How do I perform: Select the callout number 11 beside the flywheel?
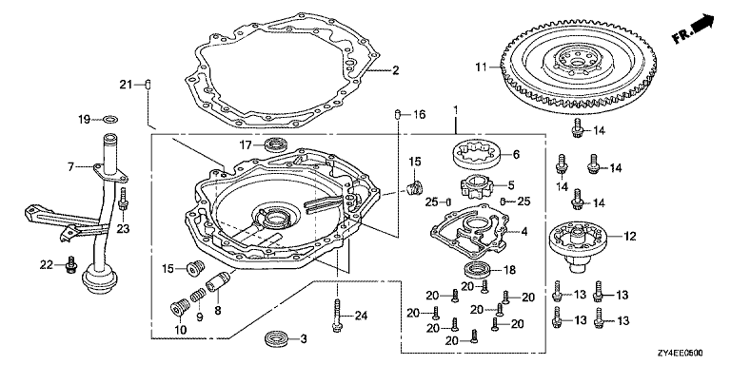pos(482,67)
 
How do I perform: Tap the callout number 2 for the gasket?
pos(395,70)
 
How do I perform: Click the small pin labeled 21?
pos(148,85)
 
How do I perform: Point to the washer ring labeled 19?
pos(110,120)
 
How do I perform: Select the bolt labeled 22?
pos(70,265)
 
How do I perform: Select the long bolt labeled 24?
pos(337,315)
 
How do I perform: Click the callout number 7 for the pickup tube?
pos(70,166)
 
